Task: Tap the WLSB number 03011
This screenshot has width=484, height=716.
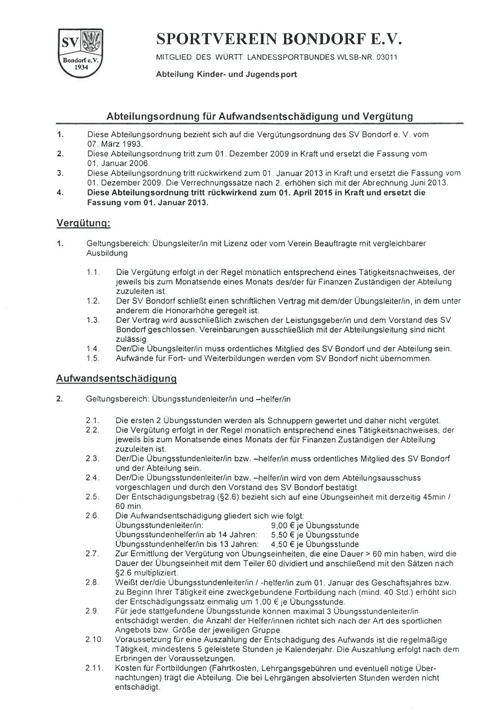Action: click(387, 57)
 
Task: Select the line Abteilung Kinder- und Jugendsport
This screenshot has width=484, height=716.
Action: click(226, 74)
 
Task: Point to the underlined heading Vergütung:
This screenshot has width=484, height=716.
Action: click(83, 223)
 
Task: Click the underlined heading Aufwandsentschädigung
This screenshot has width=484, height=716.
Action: click(116, 379)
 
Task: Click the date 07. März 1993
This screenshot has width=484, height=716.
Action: click(115, 144)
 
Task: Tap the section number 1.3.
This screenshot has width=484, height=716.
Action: click(93, 320)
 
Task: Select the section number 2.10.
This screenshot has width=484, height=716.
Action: click(94, 640)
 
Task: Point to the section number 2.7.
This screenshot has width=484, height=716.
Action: click(91, 554)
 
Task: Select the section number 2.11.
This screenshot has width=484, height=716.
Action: click(94, 668)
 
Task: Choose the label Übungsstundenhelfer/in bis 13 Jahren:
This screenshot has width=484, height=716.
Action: click(187, 545)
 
